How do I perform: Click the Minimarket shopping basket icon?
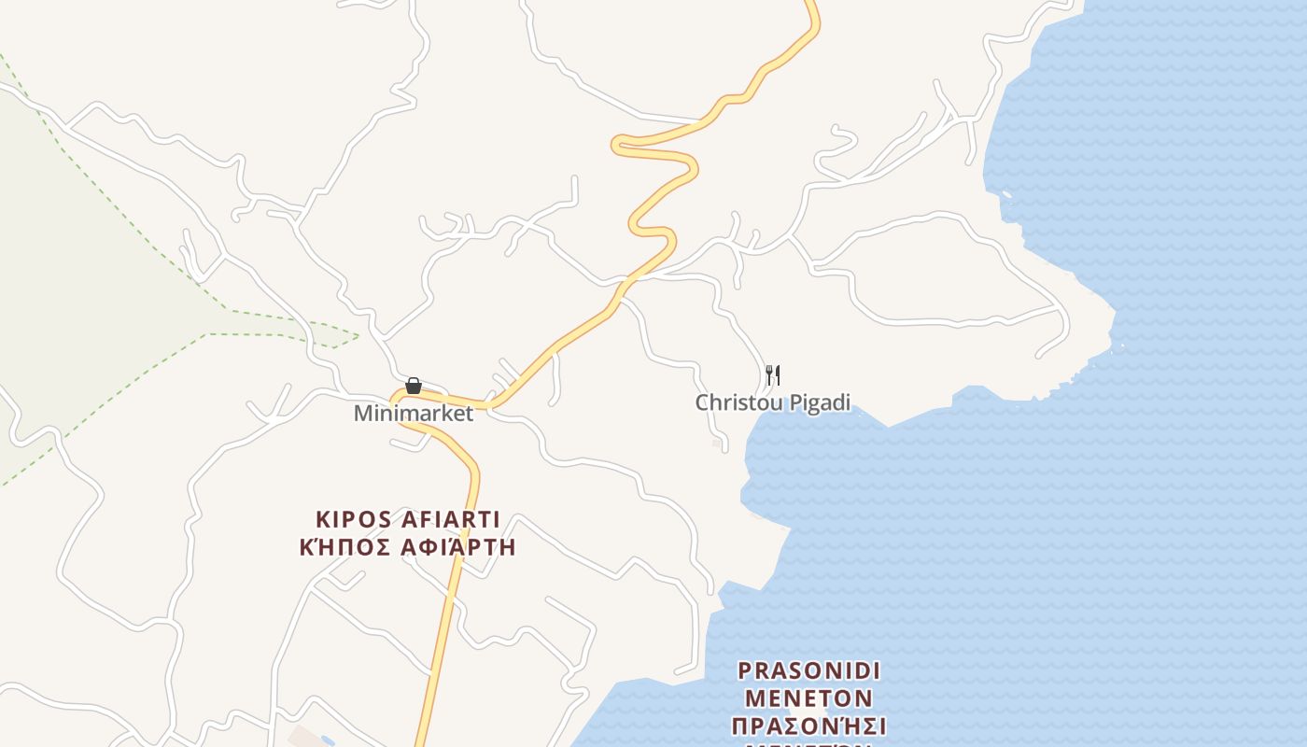[414, 386]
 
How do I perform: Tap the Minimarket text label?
[414, 413]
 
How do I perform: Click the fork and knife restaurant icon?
[773, 375]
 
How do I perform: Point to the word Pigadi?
[821, 403]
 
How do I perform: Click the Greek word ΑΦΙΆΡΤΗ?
[457, 547]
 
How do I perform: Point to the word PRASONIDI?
[809, 670]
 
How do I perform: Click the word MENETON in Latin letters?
[809, 698]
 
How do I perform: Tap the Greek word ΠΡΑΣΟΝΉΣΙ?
[809, 726]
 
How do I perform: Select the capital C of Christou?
[702, 402]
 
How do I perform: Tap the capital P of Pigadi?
[796, 402]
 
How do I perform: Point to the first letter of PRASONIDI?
[744, 670]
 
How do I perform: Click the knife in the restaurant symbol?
[777, 375]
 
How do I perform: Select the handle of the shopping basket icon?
[414, 380]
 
